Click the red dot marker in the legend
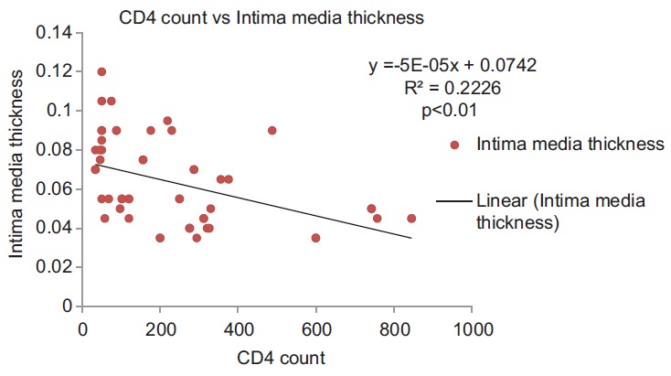(x=455, y=145)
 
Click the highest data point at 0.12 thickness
(x=101, y=71)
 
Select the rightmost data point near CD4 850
(x=411, y=219)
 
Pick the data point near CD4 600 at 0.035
(x=316, y=238)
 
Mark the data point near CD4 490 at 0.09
(x=272, y=131)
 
